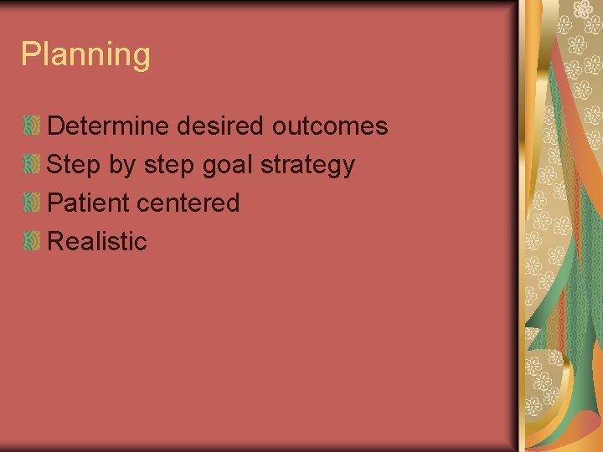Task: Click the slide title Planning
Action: click(x=85, y=54)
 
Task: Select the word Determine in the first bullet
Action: click(x=109, y=126)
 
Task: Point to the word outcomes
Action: click(x=329, y=126)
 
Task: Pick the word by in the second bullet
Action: click(x=122, y=166)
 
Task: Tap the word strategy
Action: click(x=307, y=166)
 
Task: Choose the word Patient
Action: click(x=88, y=203)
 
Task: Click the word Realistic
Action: click(x=97, y=241)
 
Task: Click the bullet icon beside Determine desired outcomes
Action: click(x=31, y=127)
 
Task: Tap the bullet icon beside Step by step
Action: click(x=31, y=165)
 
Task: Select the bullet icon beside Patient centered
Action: click(x=31, y=203)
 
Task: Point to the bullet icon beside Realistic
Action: click(x=31, y=242)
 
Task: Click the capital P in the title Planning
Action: click(x=30, y=54)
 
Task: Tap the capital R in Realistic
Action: click(x=56, y=241)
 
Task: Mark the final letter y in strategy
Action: click(x=348, y=167)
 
